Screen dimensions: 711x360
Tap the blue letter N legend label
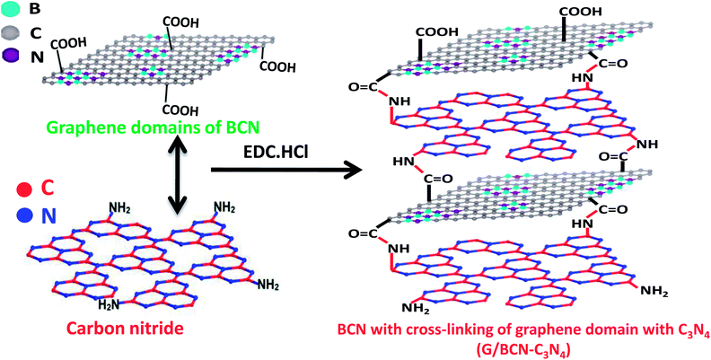click(x=49, y=216)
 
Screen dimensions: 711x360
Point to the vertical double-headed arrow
click(x=176, y=175)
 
